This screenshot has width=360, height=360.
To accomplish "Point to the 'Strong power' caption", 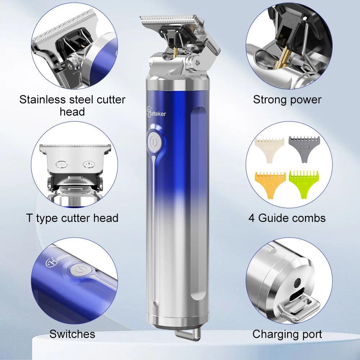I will point(287,99).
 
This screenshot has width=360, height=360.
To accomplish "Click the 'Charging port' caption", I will point(287,334).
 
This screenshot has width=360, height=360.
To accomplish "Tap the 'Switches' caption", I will point(72,334).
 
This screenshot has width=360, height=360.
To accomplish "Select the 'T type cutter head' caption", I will point(72,218).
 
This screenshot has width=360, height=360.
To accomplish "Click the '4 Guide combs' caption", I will point(287,218).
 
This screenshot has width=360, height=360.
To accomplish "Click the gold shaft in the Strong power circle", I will point(282,57).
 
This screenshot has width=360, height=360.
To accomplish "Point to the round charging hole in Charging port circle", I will point(297,283).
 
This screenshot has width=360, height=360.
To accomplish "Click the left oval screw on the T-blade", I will point(62,164).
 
